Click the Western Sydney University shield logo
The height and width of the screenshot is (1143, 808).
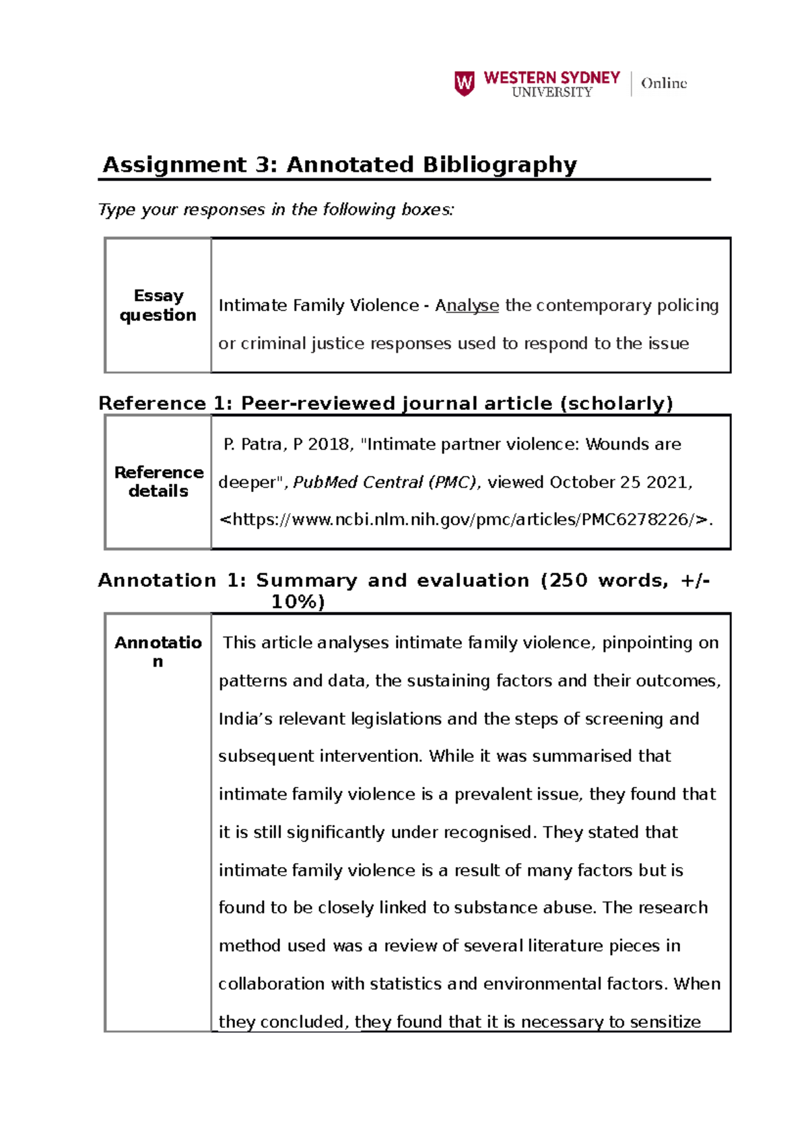[465, 83]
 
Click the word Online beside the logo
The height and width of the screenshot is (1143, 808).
[663, 83]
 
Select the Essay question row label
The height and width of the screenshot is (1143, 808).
[158, 305]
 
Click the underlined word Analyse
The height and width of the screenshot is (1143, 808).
[467, 306]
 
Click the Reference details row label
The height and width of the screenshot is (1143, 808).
[158, 481]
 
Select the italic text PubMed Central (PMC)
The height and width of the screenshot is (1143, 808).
[384, 483]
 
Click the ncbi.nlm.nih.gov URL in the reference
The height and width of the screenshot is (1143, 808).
[465, 520]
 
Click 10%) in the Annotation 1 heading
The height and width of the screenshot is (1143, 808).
[298, 602]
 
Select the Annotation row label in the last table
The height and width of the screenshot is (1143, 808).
[158, 651]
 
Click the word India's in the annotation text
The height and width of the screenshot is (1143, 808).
[245, 719]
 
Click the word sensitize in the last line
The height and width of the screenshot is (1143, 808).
[665, 1022]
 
